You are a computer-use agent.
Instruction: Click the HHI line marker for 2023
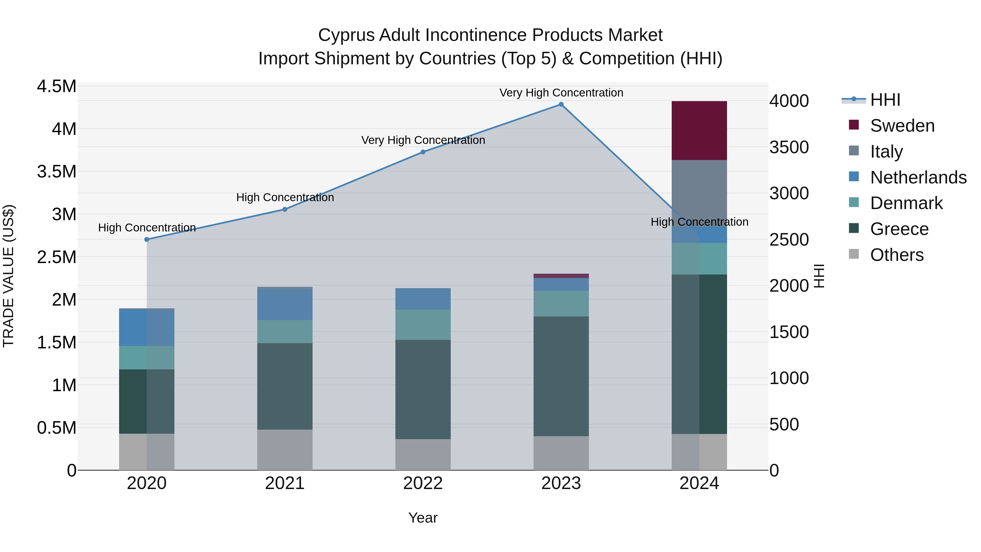[x=561, y=104]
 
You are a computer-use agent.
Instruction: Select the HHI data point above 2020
[x=147, y=239]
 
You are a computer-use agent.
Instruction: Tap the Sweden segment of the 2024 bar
[x=699, y=131]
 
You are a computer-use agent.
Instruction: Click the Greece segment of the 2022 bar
[x=423, y=389]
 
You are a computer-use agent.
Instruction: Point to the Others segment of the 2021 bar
[x=285, y=450]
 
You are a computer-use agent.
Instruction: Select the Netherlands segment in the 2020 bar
[x=147, y=328]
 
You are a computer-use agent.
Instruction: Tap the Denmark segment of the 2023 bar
[x=561, y=304]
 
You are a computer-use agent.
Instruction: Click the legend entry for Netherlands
[x=918, y=177]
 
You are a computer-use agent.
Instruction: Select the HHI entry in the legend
[x=885, y=100]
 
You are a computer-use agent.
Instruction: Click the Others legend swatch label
[x=897, y=255]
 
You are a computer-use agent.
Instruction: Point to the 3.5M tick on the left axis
[x=56, y=172]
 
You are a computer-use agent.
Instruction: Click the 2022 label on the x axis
[x=423, y=483]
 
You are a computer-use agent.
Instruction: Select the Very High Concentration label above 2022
[x=423, y=140]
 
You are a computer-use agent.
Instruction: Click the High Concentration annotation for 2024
[x=699, y=222]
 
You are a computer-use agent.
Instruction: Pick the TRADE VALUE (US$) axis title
[x=9, y=276]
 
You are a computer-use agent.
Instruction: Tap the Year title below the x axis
[x=423, y=518]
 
